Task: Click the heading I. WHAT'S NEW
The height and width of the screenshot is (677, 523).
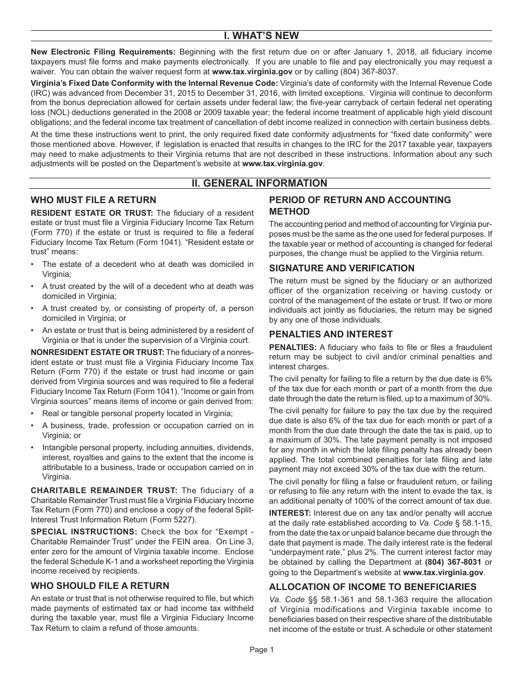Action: point(261,36)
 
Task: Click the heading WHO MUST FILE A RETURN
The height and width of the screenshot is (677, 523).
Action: point(93,200)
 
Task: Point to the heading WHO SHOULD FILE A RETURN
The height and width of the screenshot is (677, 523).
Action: point(100,586)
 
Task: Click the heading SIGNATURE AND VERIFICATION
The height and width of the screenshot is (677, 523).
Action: point(341,268)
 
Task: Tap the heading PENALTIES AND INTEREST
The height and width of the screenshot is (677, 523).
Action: point(330,334)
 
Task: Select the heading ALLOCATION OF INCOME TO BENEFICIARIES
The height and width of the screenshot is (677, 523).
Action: point(373,587)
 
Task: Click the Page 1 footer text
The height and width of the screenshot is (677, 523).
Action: point(261,649)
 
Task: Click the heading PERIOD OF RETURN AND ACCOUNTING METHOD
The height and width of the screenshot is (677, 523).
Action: point(359,205)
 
